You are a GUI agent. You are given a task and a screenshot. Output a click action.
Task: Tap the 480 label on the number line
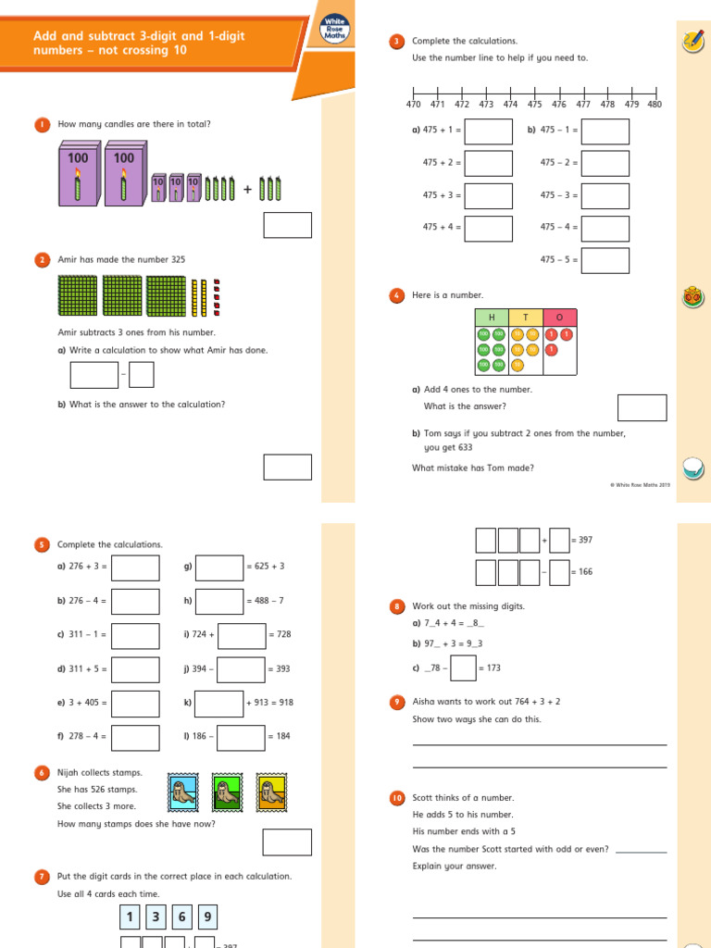coord(655,105)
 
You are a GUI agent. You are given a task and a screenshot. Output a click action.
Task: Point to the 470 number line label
coord(413,105)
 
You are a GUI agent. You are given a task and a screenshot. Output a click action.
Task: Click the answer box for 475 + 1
coord(488,131)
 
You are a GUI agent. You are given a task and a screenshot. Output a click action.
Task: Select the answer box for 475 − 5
coord(605,260)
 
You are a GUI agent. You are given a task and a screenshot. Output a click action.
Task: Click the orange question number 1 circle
coord(42,124)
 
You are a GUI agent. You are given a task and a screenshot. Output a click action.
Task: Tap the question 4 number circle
coord(397,295)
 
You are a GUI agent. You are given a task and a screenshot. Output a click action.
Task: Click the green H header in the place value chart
coord(492,317)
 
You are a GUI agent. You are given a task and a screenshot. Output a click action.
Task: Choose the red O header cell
coord(559,317)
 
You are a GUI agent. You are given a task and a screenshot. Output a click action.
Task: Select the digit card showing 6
coord(181,917)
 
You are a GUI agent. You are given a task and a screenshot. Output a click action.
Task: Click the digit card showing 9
coord(207,917)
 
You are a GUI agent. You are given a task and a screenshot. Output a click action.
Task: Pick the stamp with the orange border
coord(271,792)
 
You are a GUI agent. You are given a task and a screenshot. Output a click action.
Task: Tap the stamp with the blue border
coord(181,792)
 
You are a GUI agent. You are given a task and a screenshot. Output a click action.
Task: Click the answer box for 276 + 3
coord(135,568)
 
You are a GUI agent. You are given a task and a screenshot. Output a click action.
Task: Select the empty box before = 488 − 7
coord(219,601)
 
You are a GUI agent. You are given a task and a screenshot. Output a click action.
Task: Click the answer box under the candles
coord(287,225)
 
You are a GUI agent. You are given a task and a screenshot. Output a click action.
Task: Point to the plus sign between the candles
coord(247,190)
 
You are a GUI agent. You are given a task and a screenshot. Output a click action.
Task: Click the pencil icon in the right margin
coord(692,40)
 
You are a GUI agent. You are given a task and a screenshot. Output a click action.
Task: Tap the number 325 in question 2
coord(173,260)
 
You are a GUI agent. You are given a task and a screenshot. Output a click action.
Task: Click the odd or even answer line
coord(641,849)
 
